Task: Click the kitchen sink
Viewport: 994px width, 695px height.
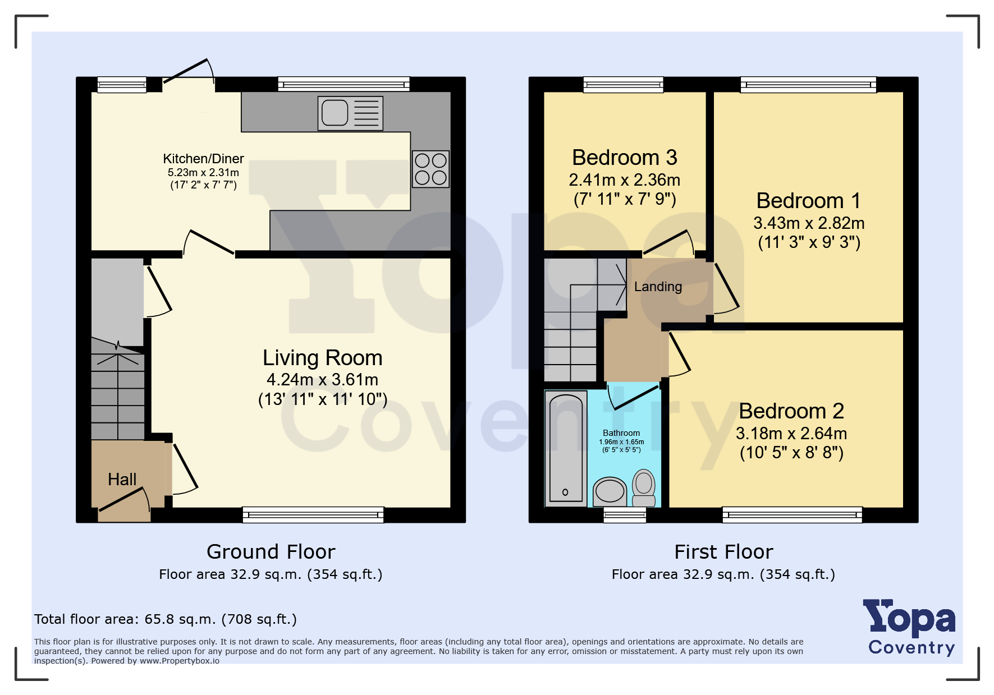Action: pos(350,113)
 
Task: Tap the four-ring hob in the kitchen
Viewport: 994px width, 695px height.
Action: pos(430,169)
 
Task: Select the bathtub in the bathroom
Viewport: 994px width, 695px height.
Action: pos(566,449)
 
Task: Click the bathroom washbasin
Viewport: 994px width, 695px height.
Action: pos(610,492)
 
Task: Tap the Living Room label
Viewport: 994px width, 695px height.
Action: pos(323,358)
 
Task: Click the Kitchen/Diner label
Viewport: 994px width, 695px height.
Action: pos(203,159)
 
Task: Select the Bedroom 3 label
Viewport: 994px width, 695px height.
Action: pos(625,158)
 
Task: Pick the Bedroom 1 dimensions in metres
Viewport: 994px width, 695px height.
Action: pos(809,223)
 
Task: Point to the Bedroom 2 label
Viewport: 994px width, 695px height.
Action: pos(791,411)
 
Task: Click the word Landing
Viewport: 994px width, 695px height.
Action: pos(658,287)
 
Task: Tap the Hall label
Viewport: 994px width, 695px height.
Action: pos(122,480)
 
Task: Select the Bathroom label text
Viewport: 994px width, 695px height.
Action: pos(621,433)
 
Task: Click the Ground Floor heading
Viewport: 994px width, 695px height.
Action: pos(271,552)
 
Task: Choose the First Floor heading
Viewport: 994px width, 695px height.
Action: pos(723,552)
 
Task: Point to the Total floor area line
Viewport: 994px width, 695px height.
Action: pos(166,619)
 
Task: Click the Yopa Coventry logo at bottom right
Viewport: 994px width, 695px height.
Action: pos(909,627)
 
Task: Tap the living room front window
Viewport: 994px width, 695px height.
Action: pos(313,515)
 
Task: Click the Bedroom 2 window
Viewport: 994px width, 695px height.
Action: pos(792,515)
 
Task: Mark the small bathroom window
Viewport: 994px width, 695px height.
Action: pos(625,515)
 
